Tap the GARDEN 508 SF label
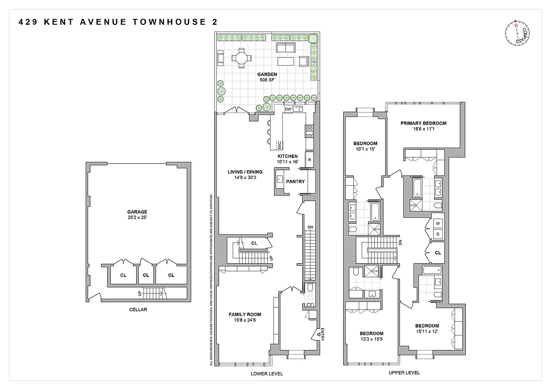tap(267, 78)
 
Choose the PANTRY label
tap(295, 182)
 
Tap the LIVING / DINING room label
tap(245, 175)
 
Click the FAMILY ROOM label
tap(245, 317)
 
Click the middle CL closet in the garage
tap(146, 275)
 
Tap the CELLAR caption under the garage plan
tap(138, 310)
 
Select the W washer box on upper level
tap(438, 224)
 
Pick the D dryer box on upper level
tap(438, 234)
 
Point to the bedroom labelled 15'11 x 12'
tap(427, 329)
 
